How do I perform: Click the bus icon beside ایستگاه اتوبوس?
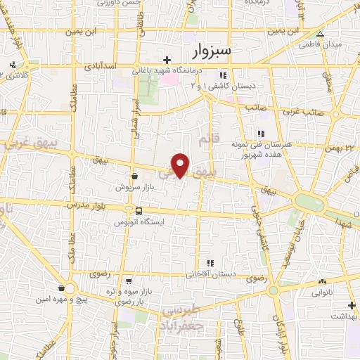[139, 210]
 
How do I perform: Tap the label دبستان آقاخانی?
[210, 274]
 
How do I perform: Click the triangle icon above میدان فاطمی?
[321, 33]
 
